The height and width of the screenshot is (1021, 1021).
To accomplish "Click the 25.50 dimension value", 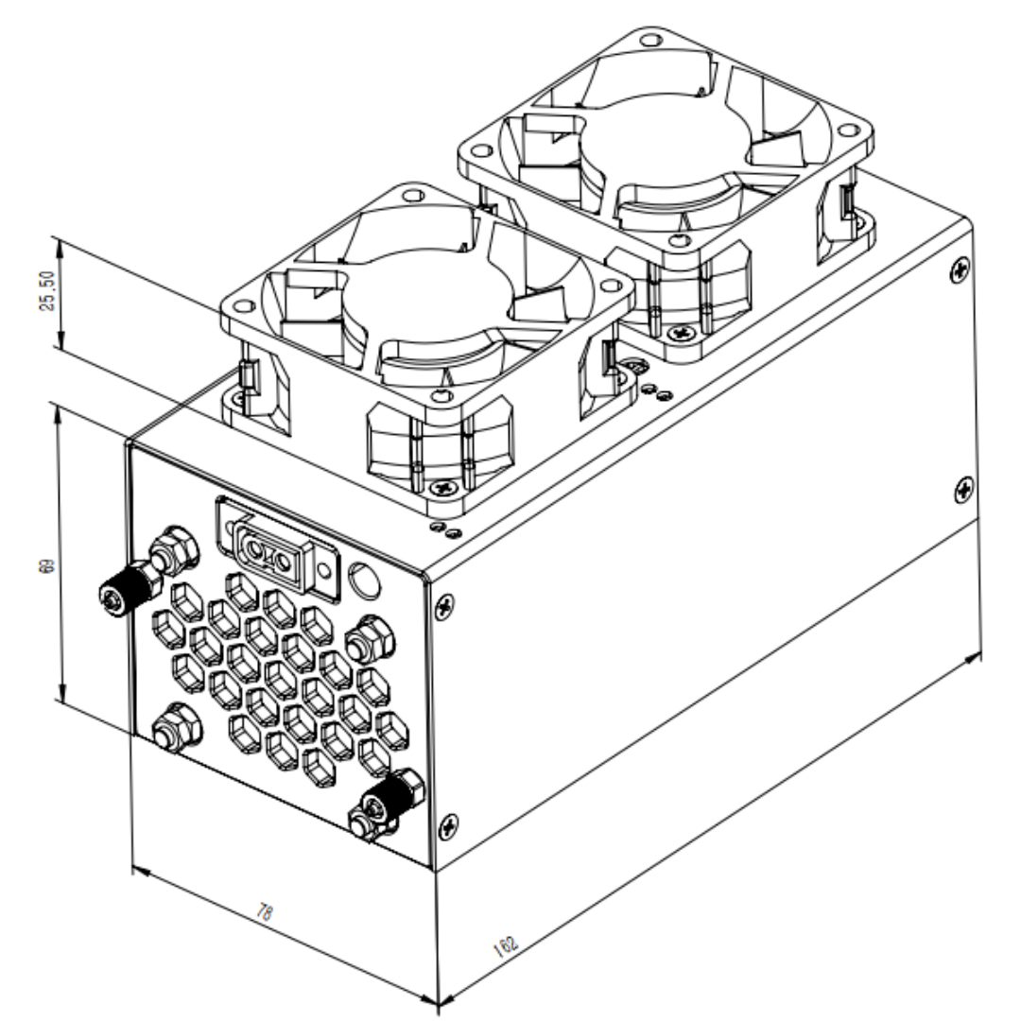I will [44, 295].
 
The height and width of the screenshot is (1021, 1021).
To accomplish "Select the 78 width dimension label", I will [267, 912].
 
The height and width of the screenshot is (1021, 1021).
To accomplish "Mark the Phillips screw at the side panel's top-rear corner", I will [960, 268].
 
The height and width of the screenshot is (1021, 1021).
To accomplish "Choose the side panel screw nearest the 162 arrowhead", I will [963, 489].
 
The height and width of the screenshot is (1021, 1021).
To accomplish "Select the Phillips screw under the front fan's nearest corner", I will [441, 488].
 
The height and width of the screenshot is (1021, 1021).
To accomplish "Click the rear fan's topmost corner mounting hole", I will [649, 41].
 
